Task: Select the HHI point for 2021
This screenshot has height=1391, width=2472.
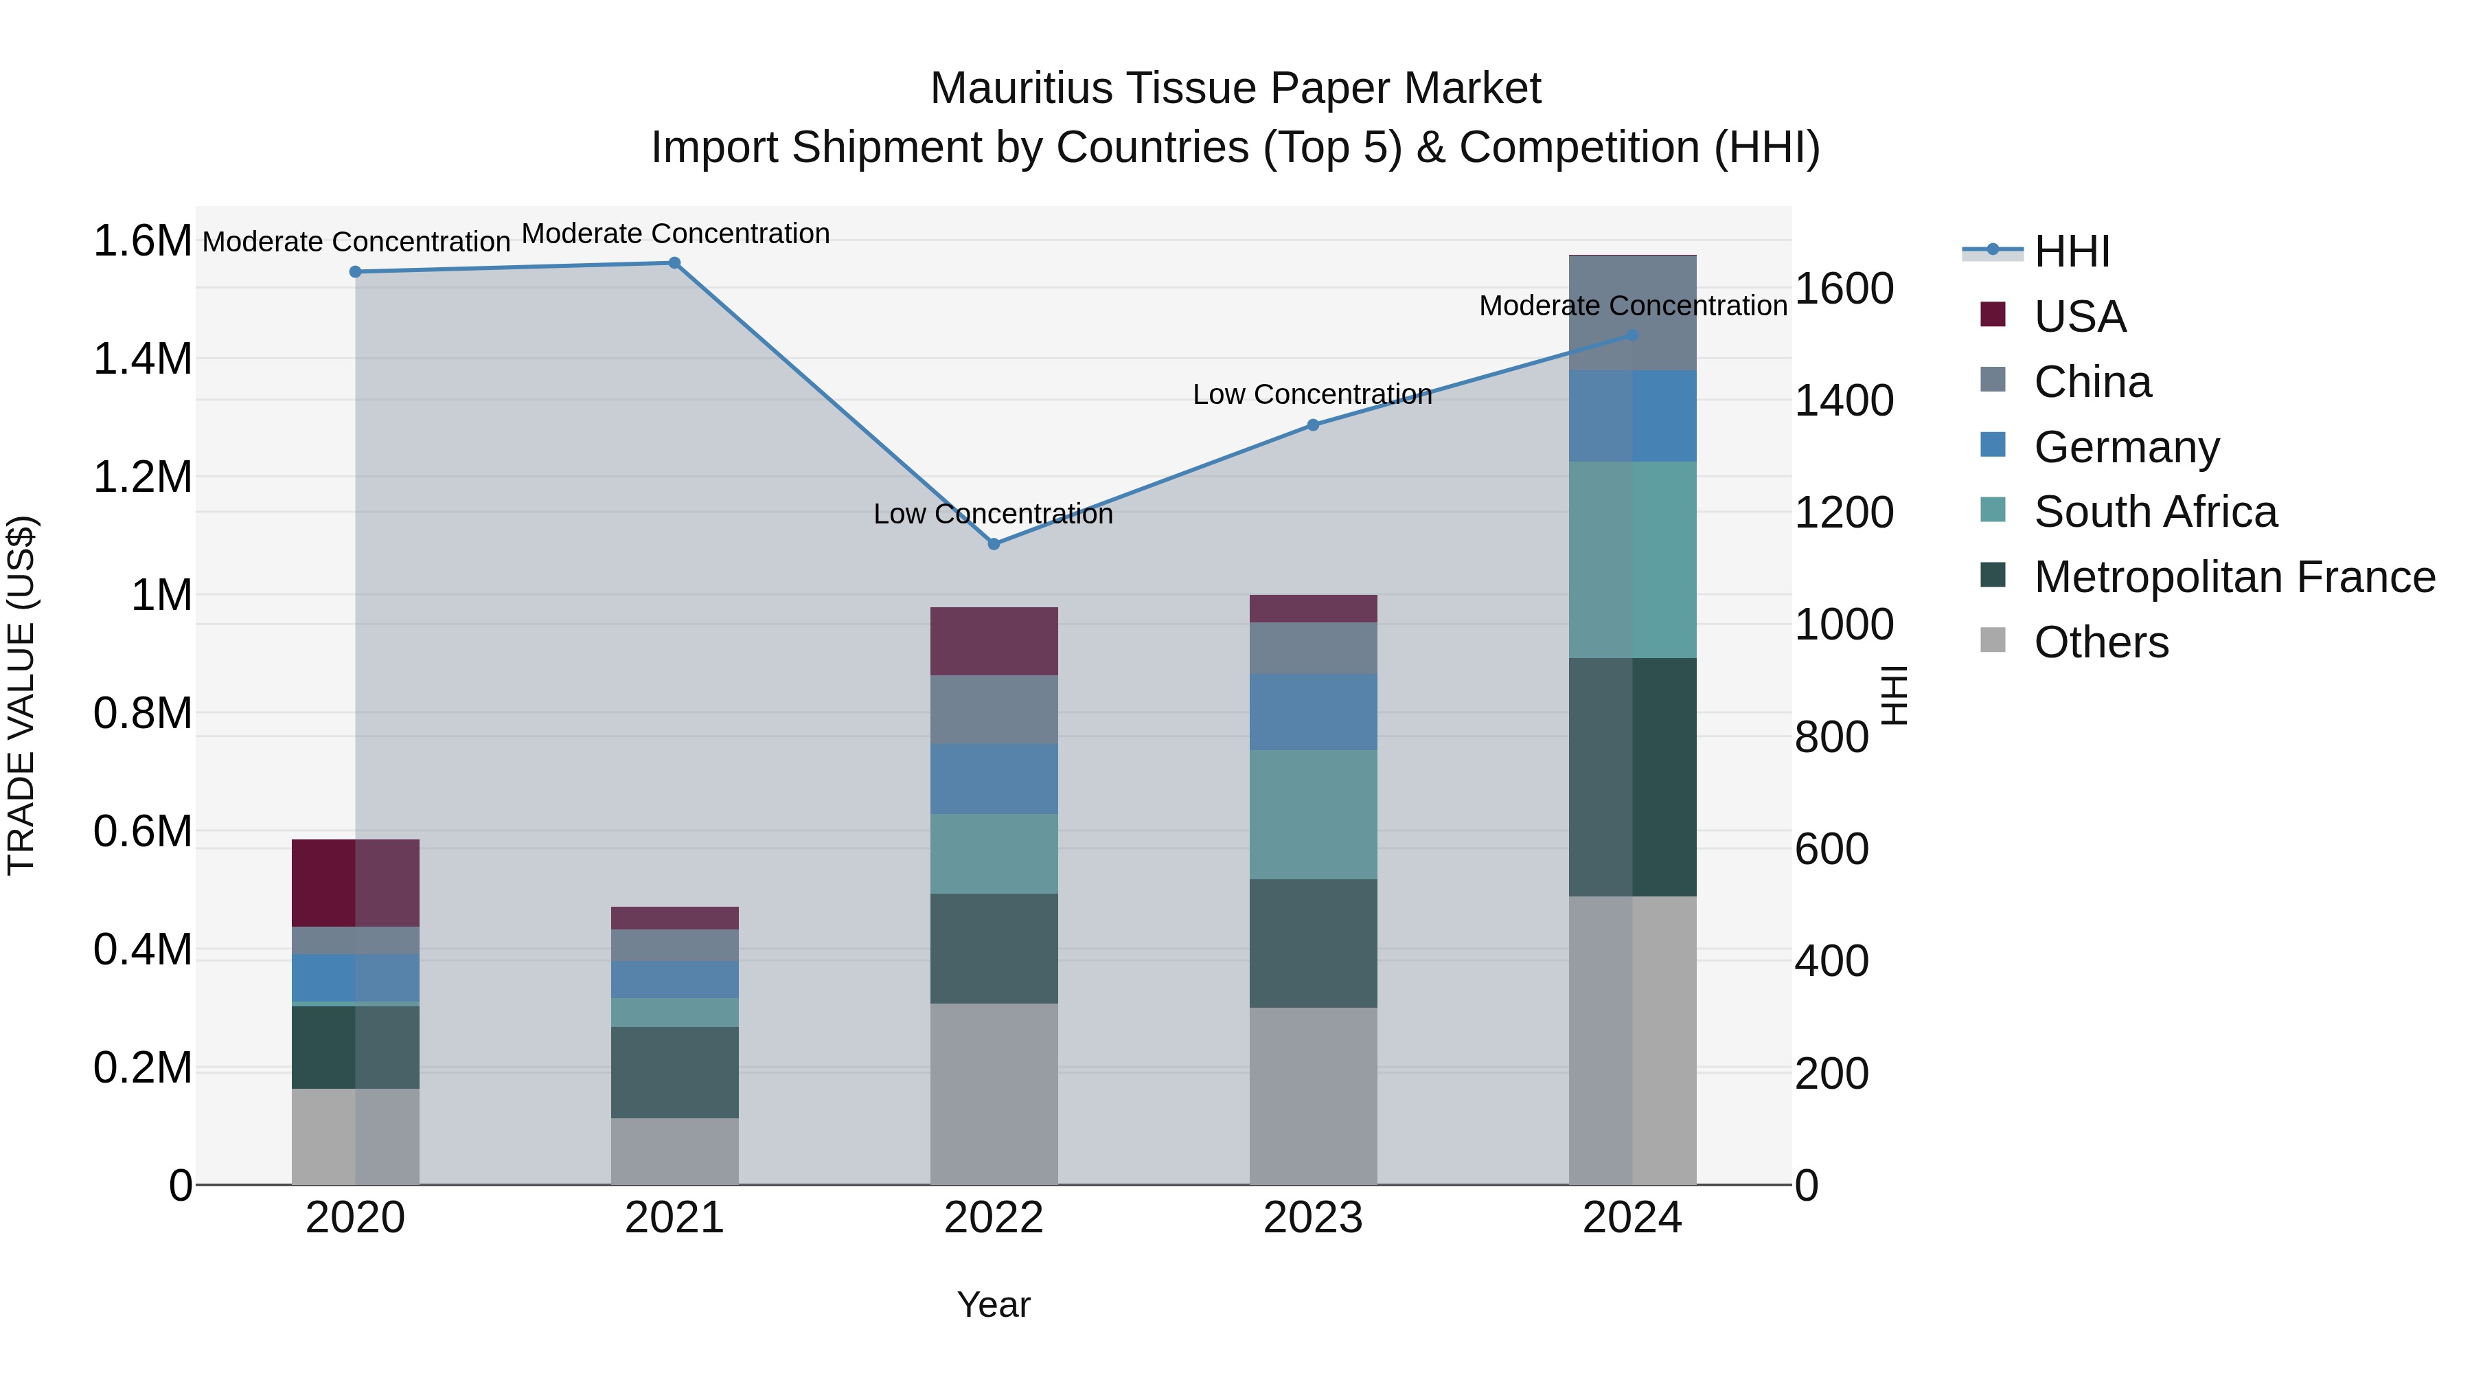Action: (x=674, y=263)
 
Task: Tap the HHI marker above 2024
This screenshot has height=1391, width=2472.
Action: (x=1632, y=335)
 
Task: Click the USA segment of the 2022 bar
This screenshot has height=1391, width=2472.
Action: (x=994, y=642)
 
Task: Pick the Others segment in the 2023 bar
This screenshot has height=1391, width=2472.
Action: (x=1313, y=1096)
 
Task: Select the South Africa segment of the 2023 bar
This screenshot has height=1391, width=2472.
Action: (x=1313, y=814)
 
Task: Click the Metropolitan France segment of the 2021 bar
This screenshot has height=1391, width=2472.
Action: (x=674, y=1072)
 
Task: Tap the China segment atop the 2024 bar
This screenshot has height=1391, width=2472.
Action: (x=1632, y=313)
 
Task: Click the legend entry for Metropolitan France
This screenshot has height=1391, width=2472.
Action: (x=2234, y=577)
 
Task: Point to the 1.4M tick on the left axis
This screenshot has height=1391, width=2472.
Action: (x=142, y=359)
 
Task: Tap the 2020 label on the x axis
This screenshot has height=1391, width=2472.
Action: (x=355, y=1218)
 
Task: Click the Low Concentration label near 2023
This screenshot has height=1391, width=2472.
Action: (x=1312, y=394)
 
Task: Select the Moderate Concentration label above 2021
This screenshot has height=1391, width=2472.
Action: (x=674, y=234)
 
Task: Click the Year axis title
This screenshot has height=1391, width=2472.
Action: (x=993, y=1304)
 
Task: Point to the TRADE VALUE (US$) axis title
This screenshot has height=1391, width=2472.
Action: (x=22, y=695)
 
